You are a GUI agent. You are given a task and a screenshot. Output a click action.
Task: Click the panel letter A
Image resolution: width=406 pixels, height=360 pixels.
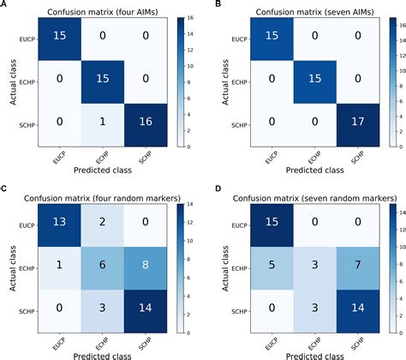click(x=4, y=5)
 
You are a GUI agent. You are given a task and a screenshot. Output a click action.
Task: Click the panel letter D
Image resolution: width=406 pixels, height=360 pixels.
click(x=209, y=189)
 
